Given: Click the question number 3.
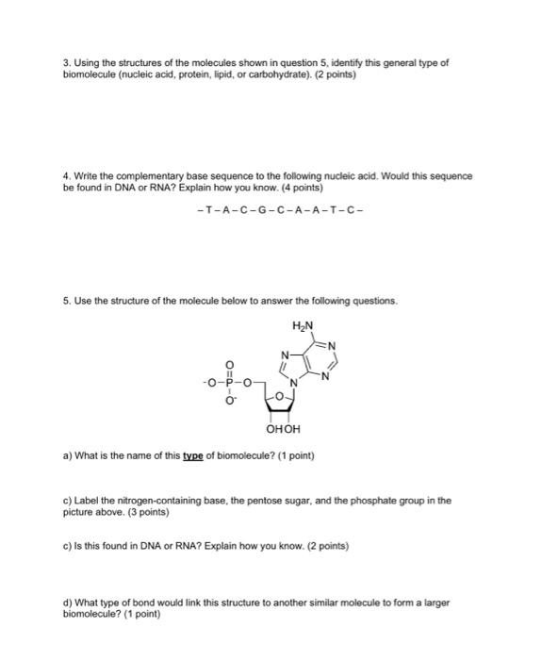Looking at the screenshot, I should point(67,63).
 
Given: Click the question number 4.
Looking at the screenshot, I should point(67,176).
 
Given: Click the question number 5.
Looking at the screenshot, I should point(67,302).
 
